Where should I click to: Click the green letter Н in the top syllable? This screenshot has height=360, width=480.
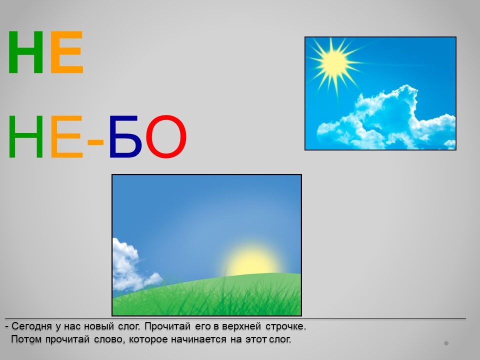pyautogui.click(x=25, y=52)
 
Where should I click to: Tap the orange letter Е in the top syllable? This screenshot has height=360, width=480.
pyautogui.click(x=66, y=52)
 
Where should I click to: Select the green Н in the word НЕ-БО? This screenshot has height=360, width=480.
pyautogui.click(x=25, y=136)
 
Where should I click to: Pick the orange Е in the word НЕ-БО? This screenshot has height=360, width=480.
pyautogui.click(x=66, y=136)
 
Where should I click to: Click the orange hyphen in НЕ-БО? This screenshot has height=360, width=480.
pyautogui.click(x=95, y=142)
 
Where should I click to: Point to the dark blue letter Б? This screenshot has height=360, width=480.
pyautogui.click(x=125, y=136)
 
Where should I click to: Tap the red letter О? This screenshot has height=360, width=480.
pyautogui.click(x=166, y=136)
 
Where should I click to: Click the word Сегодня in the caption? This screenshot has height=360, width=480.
pyautogui.click(x=31, y=326)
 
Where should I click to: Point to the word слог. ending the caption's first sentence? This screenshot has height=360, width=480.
pyautogui.click(x=129, y=326)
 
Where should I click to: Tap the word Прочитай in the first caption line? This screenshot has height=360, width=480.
pyautogui.click(x=167, y=326)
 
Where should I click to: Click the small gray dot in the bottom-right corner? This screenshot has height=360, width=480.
pyautogui.click(x=446, y=343)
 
